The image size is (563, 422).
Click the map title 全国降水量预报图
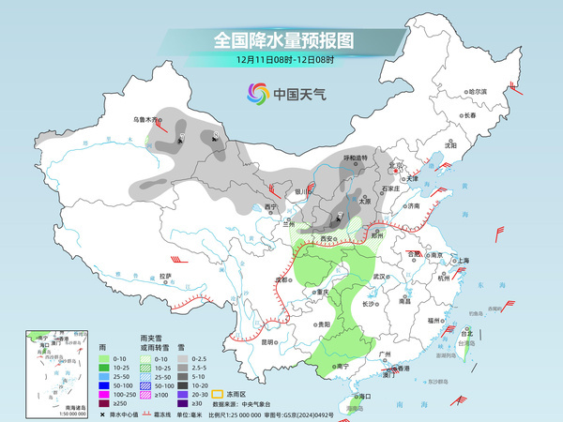[x=281, y=40]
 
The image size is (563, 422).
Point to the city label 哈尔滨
[x=479, y=91]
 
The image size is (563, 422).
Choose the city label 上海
[x=462, y=260]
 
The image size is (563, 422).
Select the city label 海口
[x=352, y=398]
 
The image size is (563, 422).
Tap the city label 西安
[x=327, y=239]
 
